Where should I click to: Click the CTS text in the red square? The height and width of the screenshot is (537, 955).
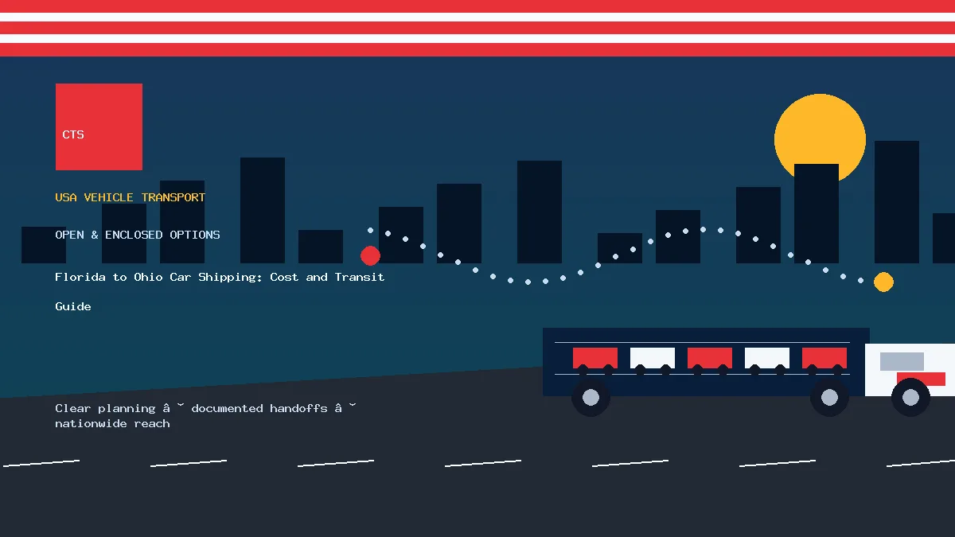click(x=73, y=134)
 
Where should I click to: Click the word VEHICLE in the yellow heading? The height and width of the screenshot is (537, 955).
click(x=108, y=197)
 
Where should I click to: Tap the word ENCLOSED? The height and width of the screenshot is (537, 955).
click(x=134, y=235)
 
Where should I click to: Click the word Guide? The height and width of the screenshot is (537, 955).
click(x=73, y=306)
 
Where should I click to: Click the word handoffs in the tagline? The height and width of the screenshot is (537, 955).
click(x=298, y=408)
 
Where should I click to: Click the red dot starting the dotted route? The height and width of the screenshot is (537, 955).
click(x=370, y=255)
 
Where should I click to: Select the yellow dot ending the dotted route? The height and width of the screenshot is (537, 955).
click(x=883, y=282)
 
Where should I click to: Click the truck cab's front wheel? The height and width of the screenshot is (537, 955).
click(x=910, y=397)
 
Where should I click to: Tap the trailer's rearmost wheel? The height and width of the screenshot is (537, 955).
click(x=591, y=397)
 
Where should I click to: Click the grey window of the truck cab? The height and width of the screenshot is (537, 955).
click(x=902, y=361)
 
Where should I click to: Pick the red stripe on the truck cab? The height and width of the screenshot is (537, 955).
click(x=922, y=379)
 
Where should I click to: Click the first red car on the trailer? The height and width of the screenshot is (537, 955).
click(x=594, y=358)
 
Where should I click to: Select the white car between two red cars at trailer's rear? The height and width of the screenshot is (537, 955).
click(x=653, y=358)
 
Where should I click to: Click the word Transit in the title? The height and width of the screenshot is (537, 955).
click(x=360, y=277)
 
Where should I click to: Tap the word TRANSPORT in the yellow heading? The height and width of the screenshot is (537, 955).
click(x=173, y=197)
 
